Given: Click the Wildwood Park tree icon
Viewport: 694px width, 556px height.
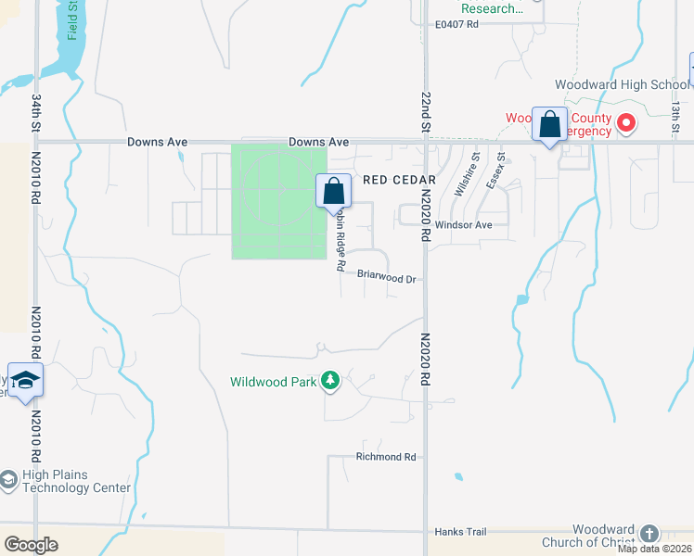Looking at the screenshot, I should (x=329, y=380).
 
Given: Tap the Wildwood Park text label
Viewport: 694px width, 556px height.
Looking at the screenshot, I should (x=275, y=381).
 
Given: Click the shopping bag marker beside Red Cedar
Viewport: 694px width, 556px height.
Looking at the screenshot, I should (x=334, y=192).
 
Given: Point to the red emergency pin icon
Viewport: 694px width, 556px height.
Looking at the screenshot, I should (x=626, y=122).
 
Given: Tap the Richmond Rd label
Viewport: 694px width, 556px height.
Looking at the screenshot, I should (x=386, y=457).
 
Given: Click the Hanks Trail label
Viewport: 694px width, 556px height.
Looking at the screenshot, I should (x=460, y=532).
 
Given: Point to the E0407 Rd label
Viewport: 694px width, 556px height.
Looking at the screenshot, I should (x=456, y=25).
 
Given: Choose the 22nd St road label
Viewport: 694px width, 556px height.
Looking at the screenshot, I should (x=427, y=111).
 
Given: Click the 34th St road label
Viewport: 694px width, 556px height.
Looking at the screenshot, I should (x=37, y=110).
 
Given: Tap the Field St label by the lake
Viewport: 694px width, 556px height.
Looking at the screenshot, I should (x=72, y=21).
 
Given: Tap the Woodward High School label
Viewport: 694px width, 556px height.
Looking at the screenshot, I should (x=622, y=85).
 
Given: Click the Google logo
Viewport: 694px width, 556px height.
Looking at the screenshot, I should (x=32, y=545).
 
